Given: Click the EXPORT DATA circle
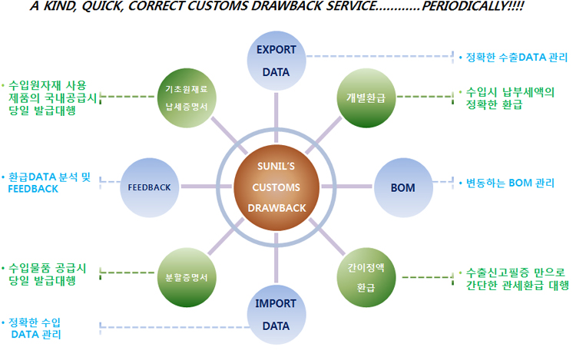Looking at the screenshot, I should [x=276, y=61].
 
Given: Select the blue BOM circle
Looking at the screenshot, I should [x=402, y=187].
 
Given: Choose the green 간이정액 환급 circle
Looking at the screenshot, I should [x=366, y=277].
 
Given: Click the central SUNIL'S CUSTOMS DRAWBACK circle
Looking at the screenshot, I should [x=276, y=187].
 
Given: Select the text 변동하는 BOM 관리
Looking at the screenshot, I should [x=505, y=183].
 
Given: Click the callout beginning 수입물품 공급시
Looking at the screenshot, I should [x=46, y=273].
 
